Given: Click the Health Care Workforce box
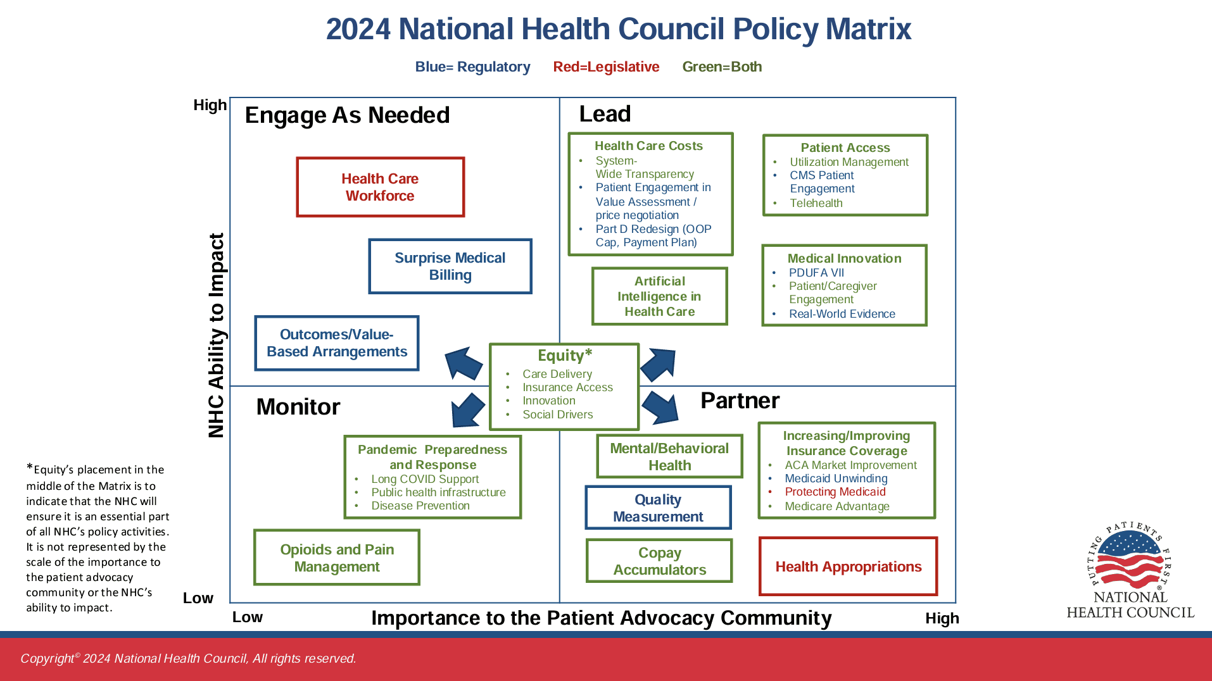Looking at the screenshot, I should pyautogui.click(x=380, y=187).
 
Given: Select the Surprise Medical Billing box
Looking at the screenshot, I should pyautogui.click(x=450, y=266).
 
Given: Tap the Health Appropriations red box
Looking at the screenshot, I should pyautogui.click(x=848, y=566).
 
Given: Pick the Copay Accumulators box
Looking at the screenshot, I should pyautogui.click(x=659, y=561).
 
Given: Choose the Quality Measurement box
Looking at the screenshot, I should pyautogui.click(x=658, y=508).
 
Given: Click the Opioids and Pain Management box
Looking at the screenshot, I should pyautogui.click(x=336, y=558).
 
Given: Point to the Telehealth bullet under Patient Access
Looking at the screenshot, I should pyautogui.click(x=816, y=203).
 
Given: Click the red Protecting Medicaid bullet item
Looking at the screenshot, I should pyautogui.click(x=835, y=492).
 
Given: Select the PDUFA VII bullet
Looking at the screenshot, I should pyautogui.click(x=816, y=273).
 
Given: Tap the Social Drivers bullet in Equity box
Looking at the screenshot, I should pyautogui.click(x=557, y=415).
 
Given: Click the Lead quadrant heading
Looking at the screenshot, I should pyautogui.click(x=605, y=114).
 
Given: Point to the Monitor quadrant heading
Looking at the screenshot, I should pyautogui.click(x=298, y=407).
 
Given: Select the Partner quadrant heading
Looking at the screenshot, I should pyautogui.click(x=740, y=401).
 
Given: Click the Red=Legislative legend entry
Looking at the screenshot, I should pyautogui.click(x=606, y=67).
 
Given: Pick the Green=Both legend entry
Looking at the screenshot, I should pyautogui.click(x=722, y=67).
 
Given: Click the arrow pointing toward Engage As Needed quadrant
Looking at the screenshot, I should pyautogui.click(x=464, y=363).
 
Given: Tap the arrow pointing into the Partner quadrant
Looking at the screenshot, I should pyautogui.click(x=660, y=407).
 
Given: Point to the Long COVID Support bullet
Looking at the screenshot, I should pyautogui.click(x=424, y=479).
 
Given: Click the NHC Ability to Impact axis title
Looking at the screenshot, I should pyautogui.click(x=217, y=335).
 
